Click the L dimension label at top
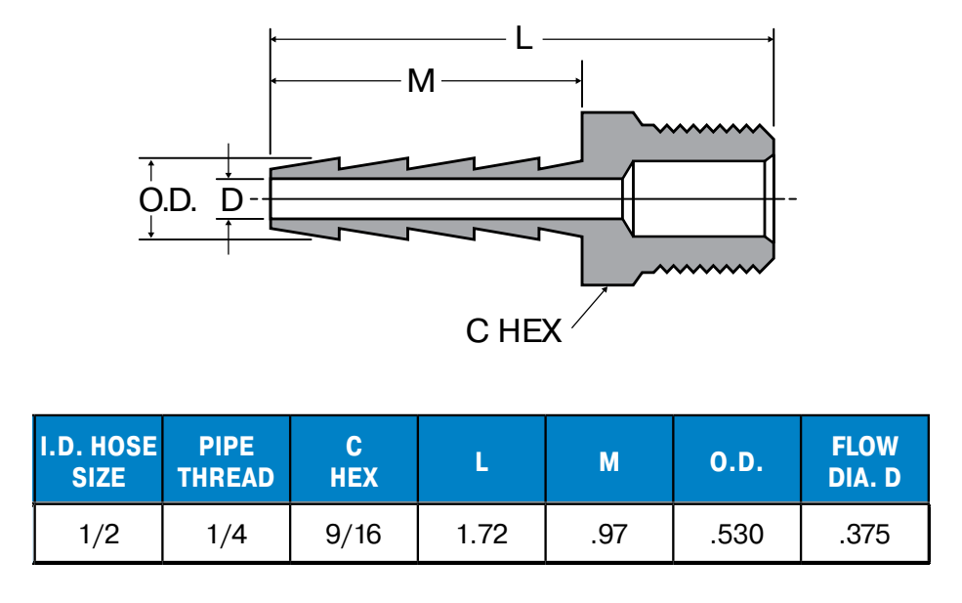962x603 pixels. pos(523,39)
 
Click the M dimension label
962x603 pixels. pos(421,81)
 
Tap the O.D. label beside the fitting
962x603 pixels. pos(168,200)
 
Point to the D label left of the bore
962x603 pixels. pos(230,200)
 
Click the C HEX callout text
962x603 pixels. pos(514,332)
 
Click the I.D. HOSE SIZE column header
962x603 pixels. pos(99,461)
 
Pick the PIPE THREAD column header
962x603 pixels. pos(227,461)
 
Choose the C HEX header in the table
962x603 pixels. pos(354,461)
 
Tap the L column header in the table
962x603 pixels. pos(481,461)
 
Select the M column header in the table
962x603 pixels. pos(608,461)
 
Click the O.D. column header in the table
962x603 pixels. pos(736,461)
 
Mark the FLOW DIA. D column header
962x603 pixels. pos(864,461)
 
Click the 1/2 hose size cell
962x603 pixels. pos(99,535)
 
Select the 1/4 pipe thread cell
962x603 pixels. pos(227,535)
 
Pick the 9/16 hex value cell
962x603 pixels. pos(354,535)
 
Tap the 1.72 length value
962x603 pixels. pos(481,535)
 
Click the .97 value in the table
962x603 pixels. pos(608,535)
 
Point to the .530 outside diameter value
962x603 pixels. pos(736,535)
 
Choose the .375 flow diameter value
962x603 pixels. pos(864,535)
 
